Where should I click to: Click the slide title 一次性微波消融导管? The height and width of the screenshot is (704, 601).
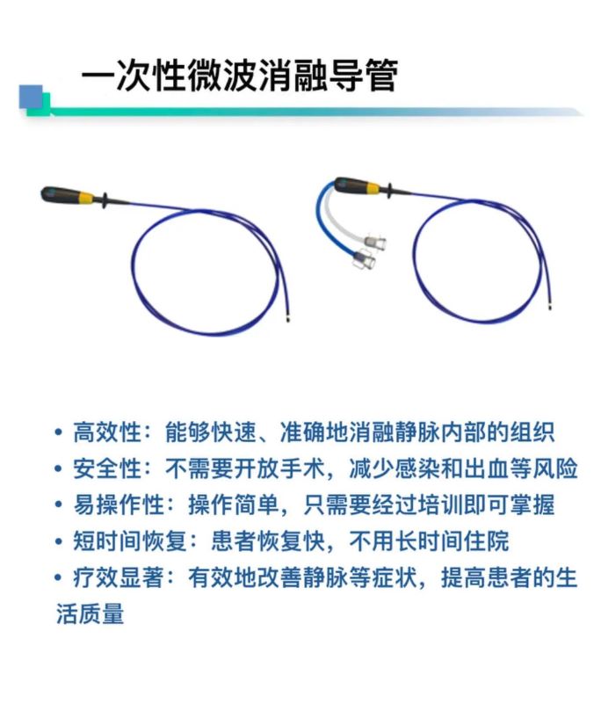coord(240,76)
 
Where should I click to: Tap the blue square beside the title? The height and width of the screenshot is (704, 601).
coord(31,97)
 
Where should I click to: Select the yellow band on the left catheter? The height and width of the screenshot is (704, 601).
coord(87,197)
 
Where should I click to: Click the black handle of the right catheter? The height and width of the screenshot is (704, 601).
coord(352,184)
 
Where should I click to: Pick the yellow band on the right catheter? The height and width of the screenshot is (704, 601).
coord(374,188)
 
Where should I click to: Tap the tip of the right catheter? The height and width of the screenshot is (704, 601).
coord(550,307)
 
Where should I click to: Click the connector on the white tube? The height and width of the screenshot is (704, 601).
coord(374,243)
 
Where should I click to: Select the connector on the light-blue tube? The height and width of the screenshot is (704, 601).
coord(363,260)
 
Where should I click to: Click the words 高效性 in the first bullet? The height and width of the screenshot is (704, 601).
coord(107,432)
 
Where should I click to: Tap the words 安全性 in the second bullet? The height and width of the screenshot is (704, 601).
coord(107,468)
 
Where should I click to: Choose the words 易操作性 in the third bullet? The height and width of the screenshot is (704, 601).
coord(119,504)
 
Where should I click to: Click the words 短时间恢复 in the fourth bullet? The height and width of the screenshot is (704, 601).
coord(130,541)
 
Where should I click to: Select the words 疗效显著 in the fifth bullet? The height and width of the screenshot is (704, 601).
coord(119,577)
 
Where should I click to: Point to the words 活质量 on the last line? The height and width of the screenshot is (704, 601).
coord(90,613)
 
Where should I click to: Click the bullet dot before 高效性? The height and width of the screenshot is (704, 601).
coord(58,432)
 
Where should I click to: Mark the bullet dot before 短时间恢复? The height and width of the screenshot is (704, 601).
coord(58,541)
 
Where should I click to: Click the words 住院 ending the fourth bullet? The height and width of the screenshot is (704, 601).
coord(487,541)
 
